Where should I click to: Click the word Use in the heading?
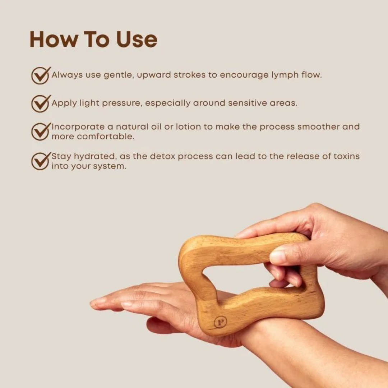(x=137, y=39)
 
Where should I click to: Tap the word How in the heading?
(x=53, y=39)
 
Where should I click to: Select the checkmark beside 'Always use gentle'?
(x=41, y=75)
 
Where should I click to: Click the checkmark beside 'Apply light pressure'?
(x=41, y=103)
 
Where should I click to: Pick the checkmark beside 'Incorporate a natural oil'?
(x=41, y=131)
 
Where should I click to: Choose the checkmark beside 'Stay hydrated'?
(x=41, y=161)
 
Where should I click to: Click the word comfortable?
(x=105, y=137)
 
